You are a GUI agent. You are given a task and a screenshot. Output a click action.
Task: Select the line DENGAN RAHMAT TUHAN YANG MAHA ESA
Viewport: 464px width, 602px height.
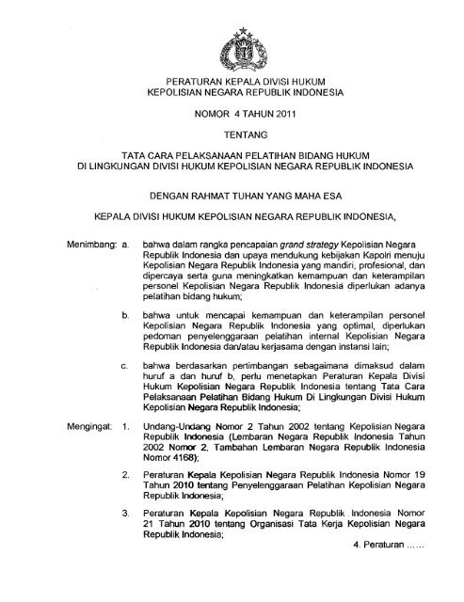(x=231, y=198)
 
